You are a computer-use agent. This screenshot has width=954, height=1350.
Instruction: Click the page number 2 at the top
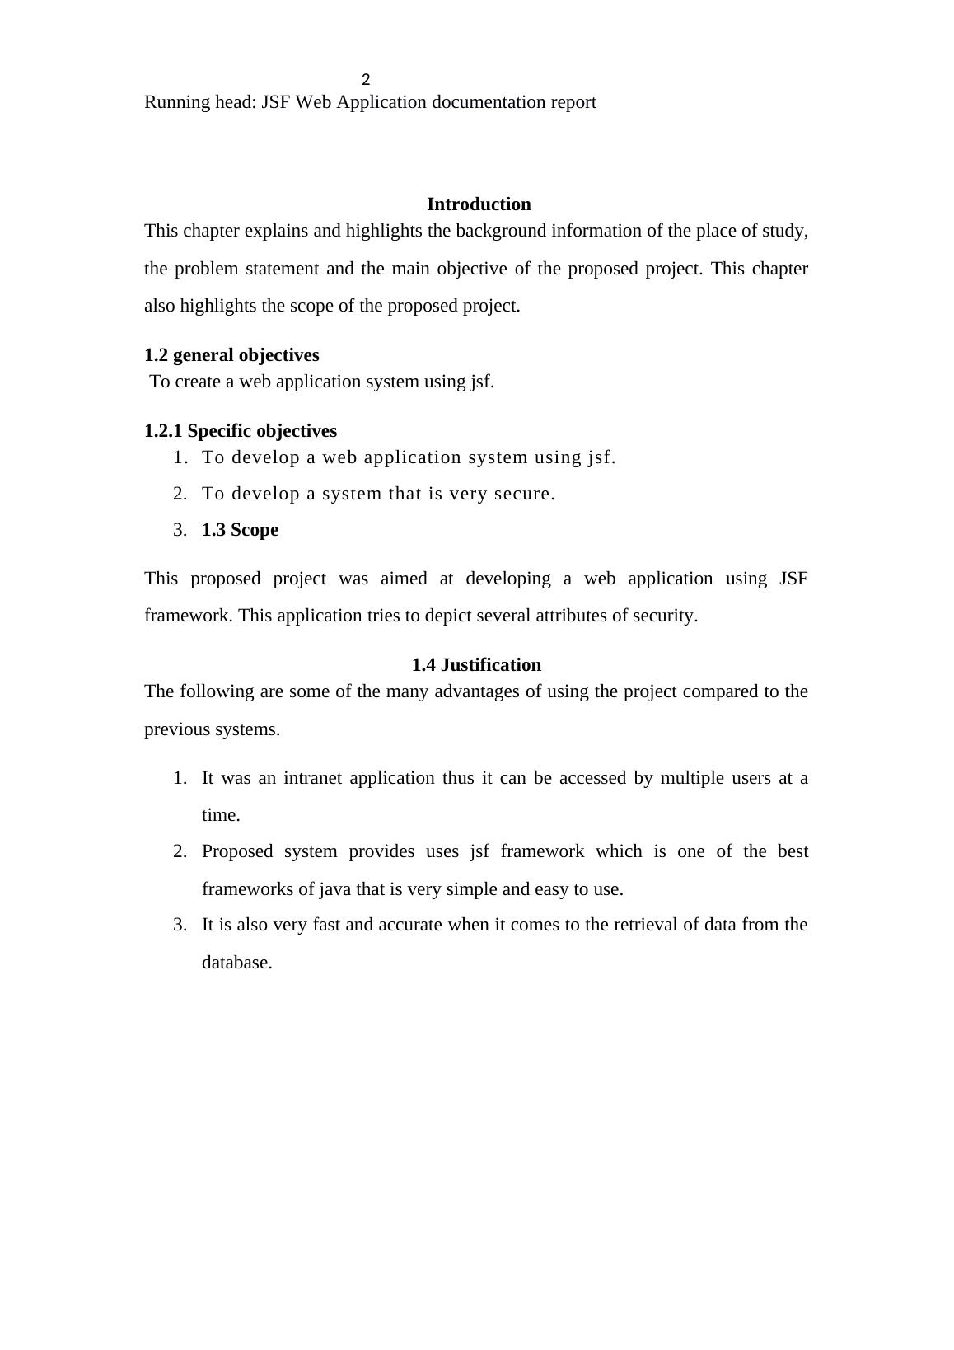tap(366, 80)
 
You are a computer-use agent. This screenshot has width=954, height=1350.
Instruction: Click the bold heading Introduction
tap(479, 204)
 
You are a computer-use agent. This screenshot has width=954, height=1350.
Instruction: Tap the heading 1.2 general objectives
tap(231, 355)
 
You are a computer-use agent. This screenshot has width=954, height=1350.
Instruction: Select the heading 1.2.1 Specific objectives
tap(241, 431)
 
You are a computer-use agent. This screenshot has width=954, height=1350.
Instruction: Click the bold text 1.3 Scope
tap(240, 530)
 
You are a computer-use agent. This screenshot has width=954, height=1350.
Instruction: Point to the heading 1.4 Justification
tap(476, 665)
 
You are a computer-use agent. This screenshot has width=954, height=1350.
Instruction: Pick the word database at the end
tap(236, 963)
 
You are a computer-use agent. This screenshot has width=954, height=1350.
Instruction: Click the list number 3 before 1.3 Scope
tap(180, 530)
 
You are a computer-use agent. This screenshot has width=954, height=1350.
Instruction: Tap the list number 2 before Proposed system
tap(180, 851)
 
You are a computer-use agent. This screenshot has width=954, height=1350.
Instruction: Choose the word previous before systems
tap(176, 729)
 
